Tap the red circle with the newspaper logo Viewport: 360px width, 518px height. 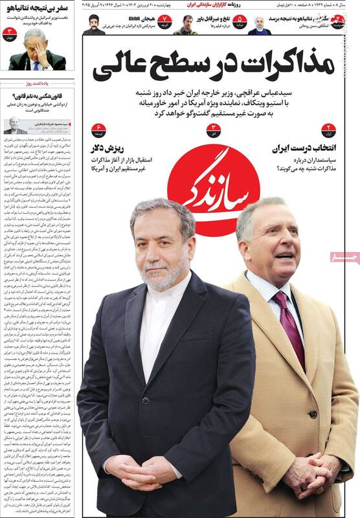[213, 192]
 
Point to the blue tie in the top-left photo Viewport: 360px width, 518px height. [36, 63]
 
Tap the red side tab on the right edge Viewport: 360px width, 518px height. [343, 258]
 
